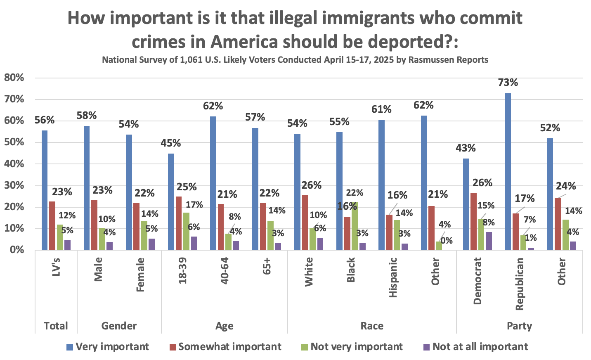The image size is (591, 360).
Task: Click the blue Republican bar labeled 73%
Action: [x=508, y=171]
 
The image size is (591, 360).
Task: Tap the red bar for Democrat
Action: [x=473, y=221]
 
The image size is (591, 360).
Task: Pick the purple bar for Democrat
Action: [x=489, y=241]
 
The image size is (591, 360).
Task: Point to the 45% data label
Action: [x=171, y=143]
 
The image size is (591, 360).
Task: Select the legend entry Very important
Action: [x=107, y=347]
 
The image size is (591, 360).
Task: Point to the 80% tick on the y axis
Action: [x=14, y=78]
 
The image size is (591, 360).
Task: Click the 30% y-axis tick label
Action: [x=14, y=185]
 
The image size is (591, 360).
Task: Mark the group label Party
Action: [x=519, y=326]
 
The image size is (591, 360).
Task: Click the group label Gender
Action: [x=119, y=326]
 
